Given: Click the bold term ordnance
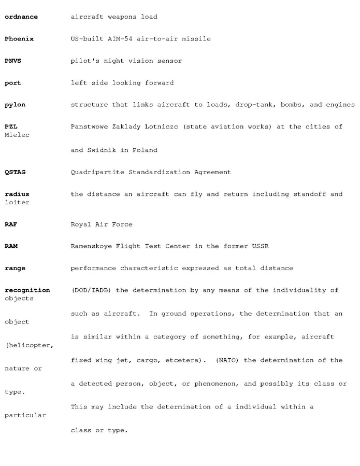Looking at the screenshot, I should pos(21,17).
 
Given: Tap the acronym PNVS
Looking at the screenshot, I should pos(13,61).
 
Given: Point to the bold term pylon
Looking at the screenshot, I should pos(15,105).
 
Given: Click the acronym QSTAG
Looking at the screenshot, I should pos(15,172).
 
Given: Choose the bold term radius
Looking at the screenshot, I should pos(17,194).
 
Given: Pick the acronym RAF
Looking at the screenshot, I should pos(11,224).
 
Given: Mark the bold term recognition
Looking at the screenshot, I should pos(27,290).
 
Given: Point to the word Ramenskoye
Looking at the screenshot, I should pos(91,246).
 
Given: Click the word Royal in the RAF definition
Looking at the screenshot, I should pos(81,224).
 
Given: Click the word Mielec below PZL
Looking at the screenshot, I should pos(17,135).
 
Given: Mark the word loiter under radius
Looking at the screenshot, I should pos(17,202).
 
